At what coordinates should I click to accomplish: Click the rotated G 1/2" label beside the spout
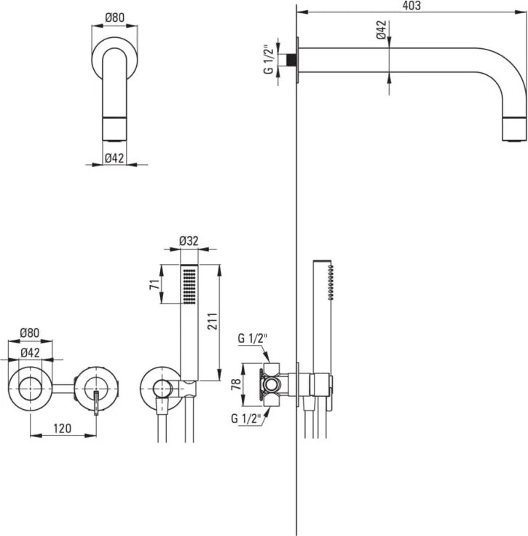(x=268, y=59)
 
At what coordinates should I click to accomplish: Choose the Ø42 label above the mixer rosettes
(x=30, y=352)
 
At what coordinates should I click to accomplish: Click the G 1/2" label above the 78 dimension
(x=253, y=339)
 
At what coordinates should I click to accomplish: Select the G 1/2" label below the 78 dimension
(x=246, y=419)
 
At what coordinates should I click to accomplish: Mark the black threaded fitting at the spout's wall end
(x=293, y=58)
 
